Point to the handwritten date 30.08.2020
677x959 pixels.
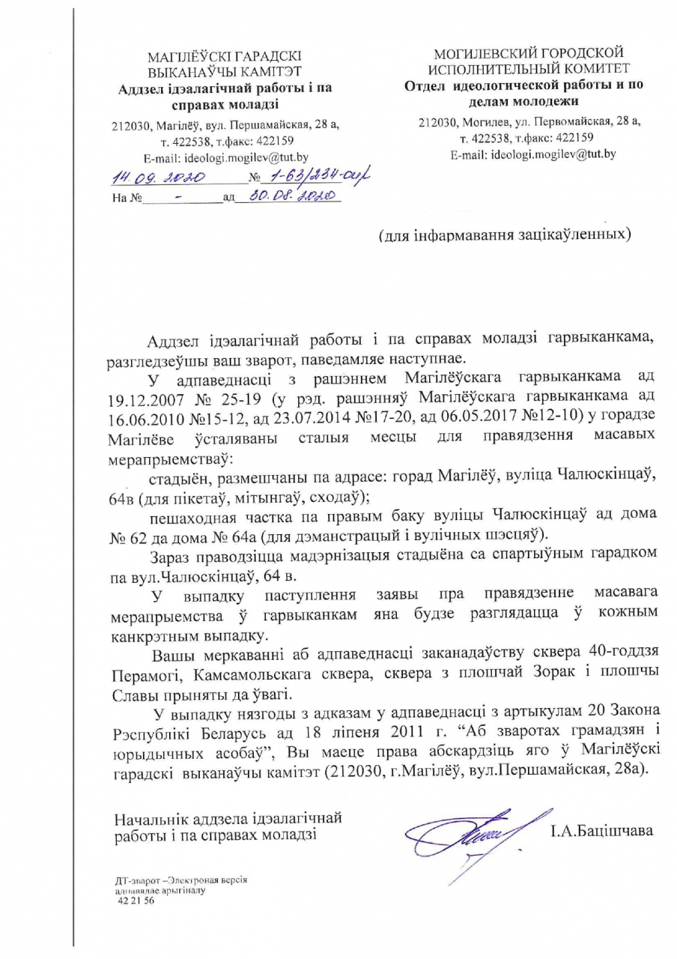coord(288,198)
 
